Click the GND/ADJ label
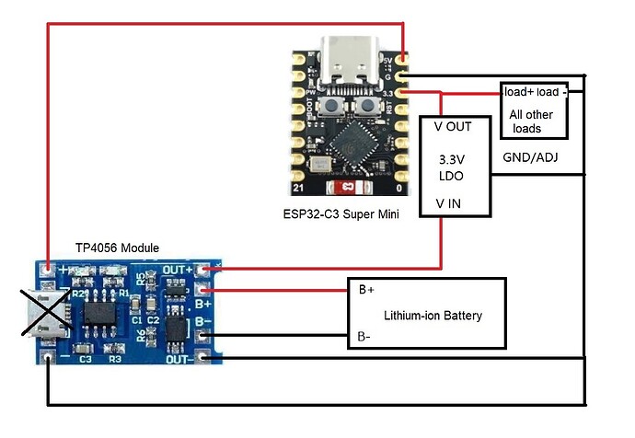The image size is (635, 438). (530, 157)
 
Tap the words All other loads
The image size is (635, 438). (533, 121)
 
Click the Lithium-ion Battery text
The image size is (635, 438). (433, 316)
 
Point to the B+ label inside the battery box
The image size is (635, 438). (366, 290)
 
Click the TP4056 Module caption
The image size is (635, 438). (117, 248)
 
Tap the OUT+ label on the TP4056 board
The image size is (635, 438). (179, 269)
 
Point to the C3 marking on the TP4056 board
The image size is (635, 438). (86, 359)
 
